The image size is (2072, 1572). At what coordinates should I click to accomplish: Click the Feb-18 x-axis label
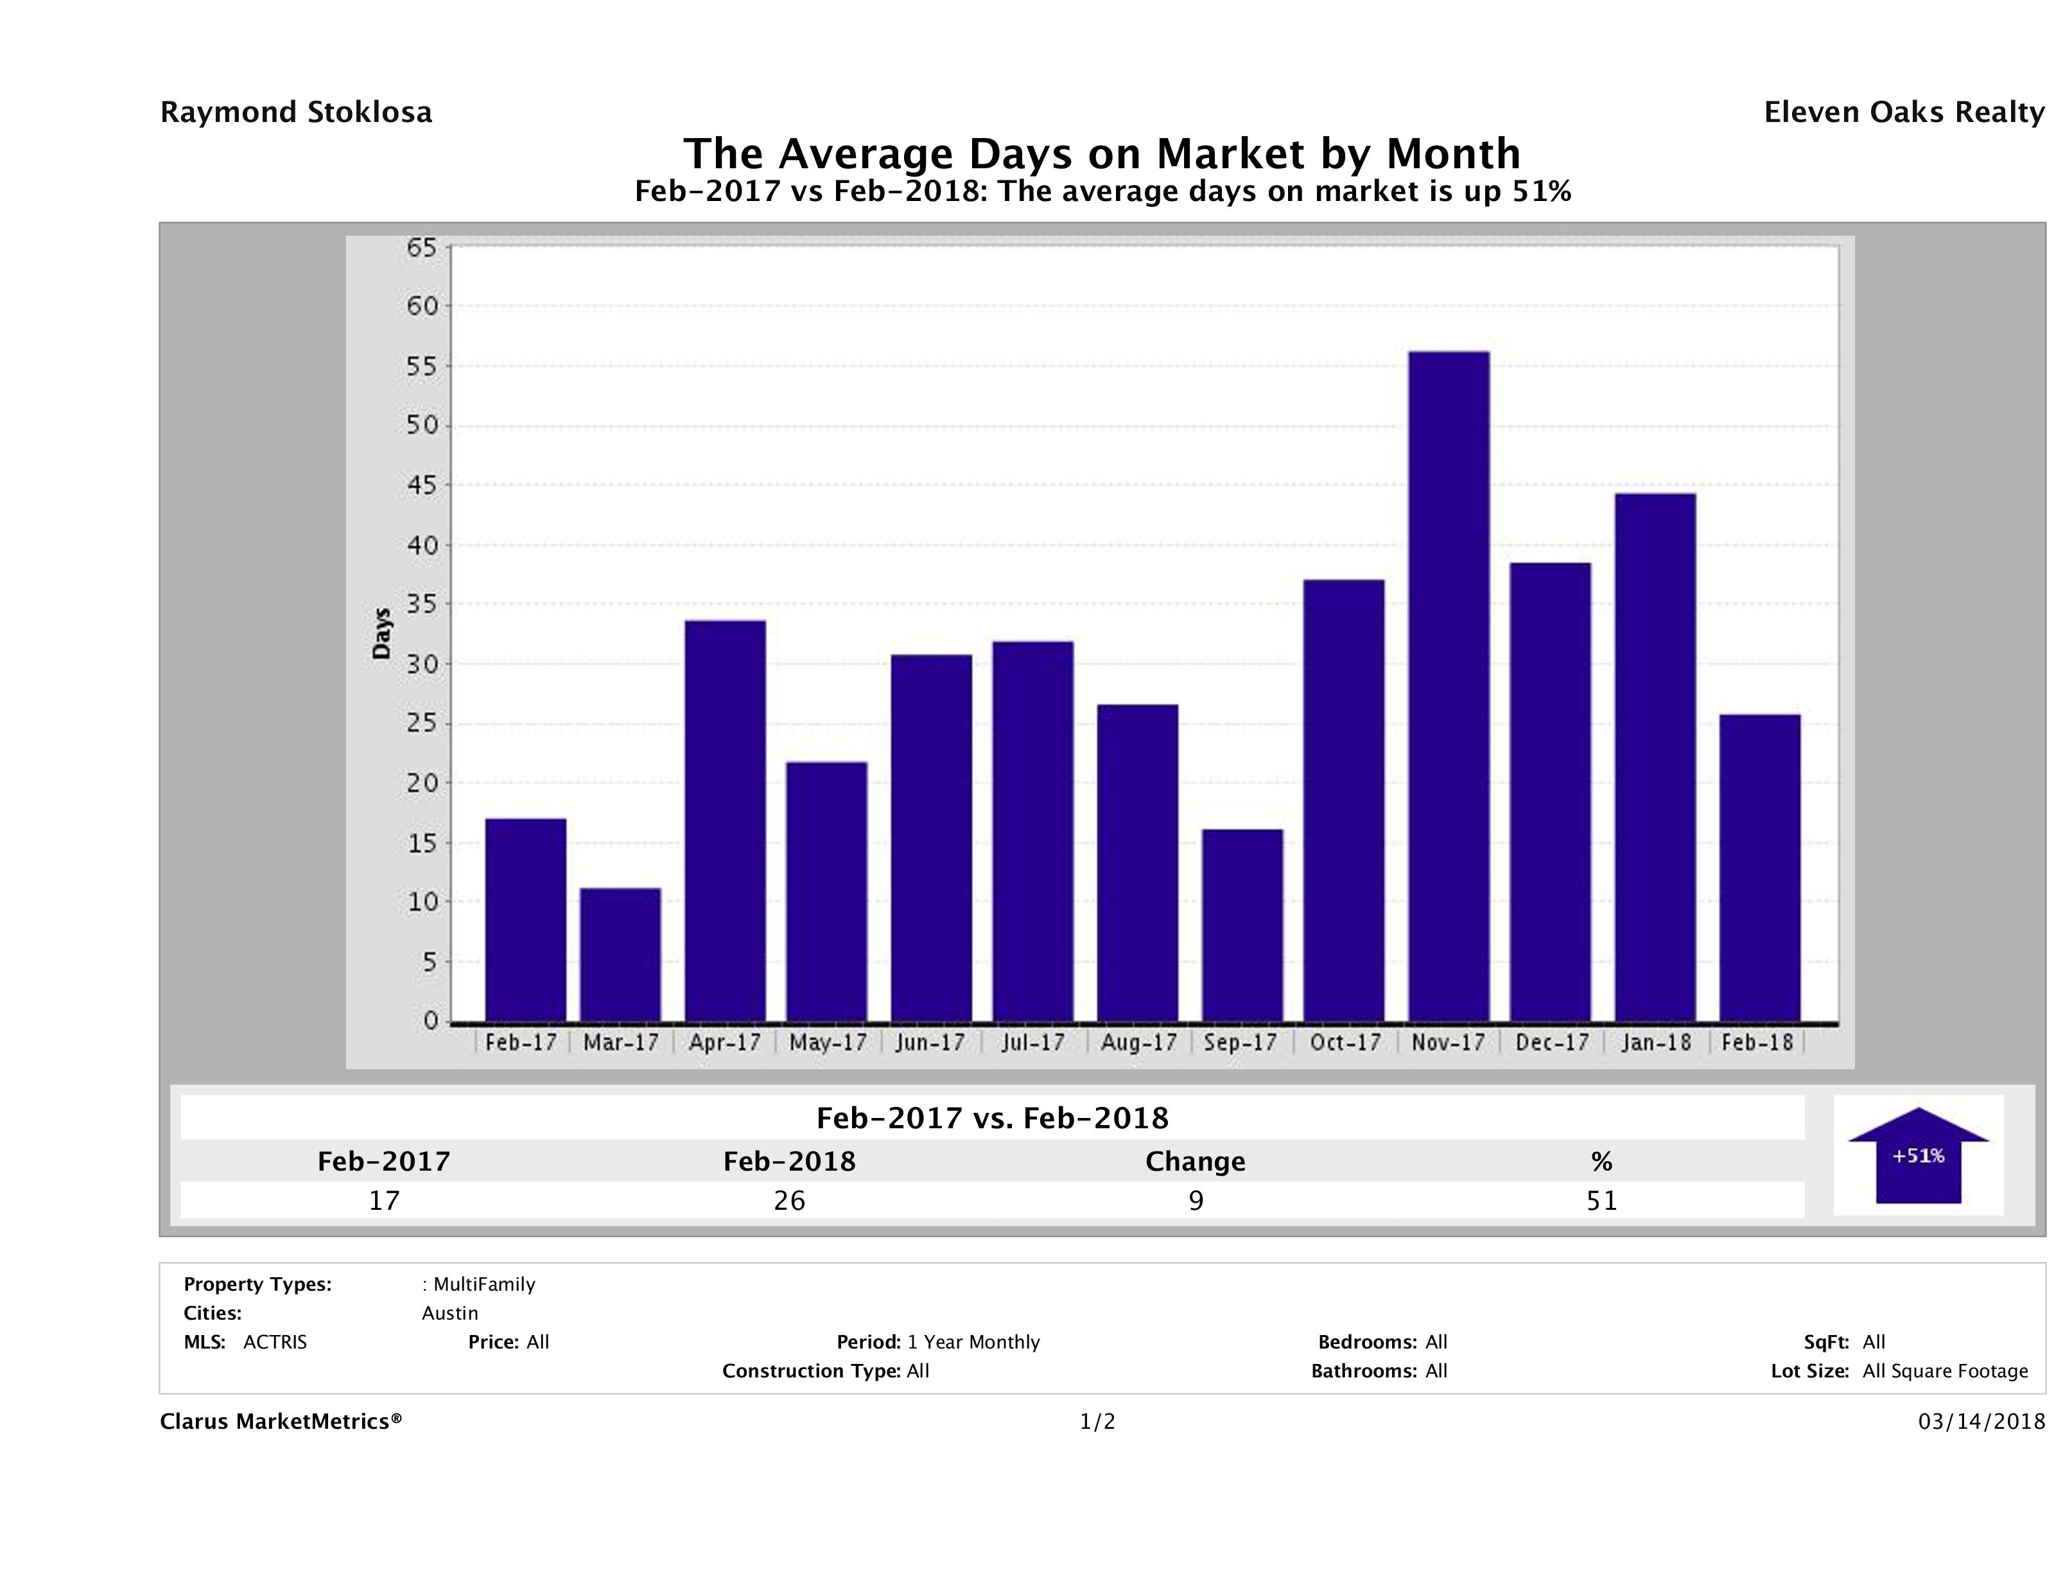1757,1043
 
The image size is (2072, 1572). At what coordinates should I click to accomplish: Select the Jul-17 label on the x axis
1033,1043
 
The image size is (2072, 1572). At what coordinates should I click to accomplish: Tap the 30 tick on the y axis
422,664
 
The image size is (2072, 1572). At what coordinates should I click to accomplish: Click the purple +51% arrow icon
1919,1155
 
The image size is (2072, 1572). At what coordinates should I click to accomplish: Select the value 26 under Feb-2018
790,1201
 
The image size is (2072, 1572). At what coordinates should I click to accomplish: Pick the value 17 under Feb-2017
384,1201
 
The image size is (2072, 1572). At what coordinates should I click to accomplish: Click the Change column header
1196,1162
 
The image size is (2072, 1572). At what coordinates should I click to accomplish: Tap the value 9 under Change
1196,1201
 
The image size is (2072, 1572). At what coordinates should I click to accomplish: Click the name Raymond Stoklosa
296,112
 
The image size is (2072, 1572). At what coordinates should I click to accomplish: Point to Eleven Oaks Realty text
1903,112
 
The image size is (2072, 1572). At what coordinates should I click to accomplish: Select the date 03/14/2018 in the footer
1981,1422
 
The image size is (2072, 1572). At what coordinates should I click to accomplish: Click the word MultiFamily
484,1284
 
